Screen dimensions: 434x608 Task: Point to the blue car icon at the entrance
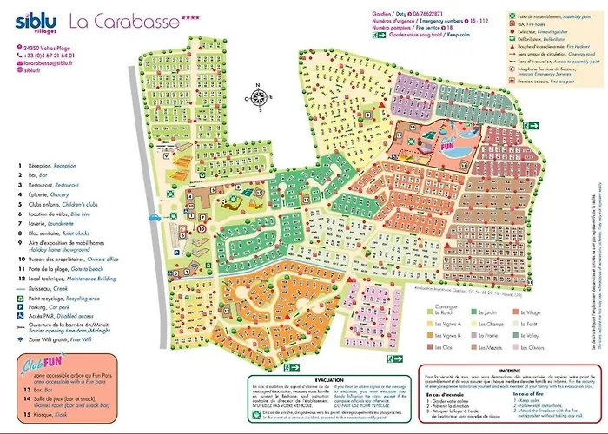coord(154,218)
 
